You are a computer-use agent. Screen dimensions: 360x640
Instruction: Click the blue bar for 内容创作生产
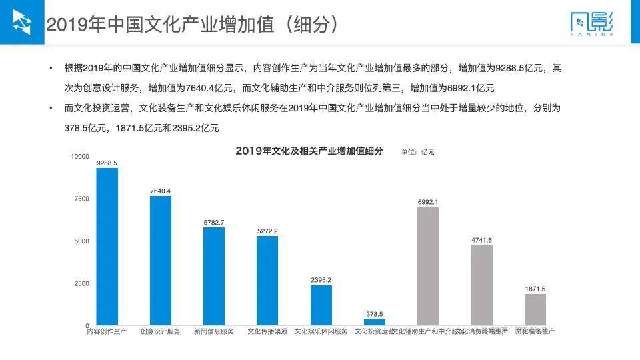click(107, 247)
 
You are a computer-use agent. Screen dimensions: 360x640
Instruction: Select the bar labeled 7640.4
click(161, 261)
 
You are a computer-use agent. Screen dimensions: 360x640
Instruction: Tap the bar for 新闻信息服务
click(214, 276)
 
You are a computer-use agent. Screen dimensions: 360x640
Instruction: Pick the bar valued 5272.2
click(267, 281)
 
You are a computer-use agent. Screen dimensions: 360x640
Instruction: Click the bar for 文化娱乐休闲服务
click(321, 305)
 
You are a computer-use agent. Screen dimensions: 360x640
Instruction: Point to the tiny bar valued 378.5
click(375, 322)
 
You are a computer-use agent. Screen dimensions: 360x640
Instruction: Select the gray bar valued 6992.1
click(428, 266)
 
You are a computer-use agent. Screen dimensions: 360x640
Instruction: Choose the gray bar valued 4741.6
click(481, 285)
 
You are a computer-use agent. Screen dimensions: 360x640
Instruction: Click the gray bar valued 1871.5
click(535, 309)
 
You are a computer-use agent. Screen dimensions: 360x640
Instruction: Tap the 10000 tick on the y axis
click(80, 156)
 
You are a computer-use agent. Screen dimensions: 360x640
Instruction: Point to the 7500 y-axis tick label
click(82, 199)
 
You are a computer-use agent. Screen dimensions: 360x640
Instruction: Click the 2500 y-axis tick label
click(82, 283)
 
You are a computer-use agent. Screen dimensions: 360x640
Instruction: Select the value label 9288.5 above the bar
click(107, 163)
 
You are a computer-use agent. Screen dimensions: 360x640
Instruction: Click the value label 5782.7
click(214, 222)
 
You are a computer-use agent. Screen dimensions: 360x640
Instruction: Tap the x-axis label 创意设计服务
click(160, 331)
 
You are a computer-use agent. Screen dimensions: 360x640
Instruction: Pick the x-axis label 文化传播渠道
click(267, 331)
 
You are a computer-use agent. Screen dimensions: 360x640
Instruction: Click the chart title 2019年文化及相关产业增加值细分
click(309, 151)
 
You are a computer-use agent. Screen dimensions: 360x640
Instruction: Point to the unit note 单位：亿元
click(417, 152)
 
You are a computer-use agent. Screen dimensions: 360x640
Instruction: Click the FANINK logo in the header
click(592, 25)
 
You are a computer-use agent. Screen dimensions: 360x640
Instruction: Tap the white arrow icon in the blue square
click(22, 22)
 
